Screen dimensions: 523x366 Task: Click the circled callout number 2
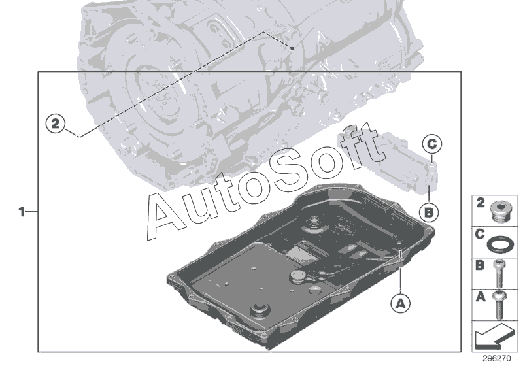[x=56, y=124]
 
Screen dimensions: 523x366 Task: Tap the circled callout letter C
[x=432, y=144]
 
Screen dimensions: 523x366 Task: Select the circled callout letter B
[x=429, y=212]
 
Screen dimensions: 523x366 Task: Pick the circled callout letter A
[x=400, y=303]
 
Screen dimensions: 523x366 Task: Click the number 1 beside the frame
[x=22, y=212]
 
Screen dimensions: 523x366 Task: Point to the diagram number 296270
[x=497, y=359]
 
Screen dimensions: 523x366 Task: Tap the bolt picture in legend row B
[x=499, y=274]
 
